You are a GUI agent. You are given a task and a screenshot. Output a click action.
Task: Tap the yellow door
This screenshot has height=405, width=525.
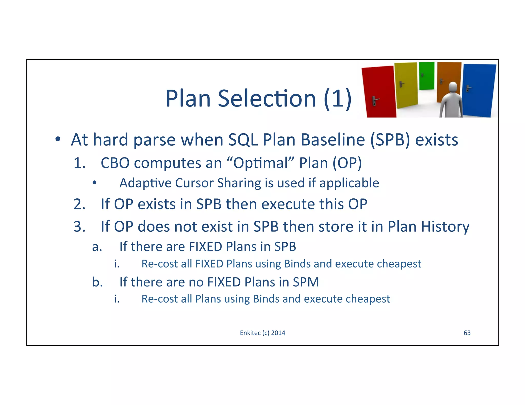pyautogui.click(x=406, y=84)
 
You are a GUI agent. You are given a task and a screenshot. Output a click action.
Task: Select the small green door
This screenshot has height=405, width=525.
pyautogui.click(x=427, y=76)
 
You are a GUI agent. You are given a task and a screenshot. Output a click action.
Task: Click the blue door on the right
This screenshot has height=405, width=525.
pyautogui.click(x=479, y=90)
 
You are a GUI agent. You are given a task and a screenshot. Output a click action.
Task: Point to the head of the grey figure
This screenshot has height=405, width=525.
pyautogui.click(x=453, y=87)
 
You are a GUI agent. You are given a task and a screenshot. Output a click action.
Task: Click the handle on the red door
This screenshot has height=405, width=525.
pyautogui.click(x=375, y=101)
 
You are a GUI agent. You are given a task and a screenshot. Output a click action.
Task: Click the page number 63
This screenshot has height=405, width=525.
pyautogui.click(x=467, y=333)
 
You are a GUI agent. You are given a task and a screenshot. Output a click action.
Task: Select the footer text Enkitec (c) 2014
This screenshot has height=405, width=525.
pyautogui.click(x=262, y=333)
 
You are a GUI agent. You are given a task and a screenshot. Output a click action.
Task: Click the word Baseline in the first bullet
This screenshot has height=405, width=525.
pyautogui.click(x=332, y=140)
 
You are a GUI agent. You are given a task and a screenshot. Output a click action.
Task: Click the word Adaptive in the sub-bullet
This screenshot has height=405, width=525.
pyautogui.click(x=145, y=183)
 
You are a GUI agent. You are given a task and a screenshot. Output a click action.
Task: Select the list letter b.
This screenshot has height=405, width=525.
pyautogui.click(x=97, y=282)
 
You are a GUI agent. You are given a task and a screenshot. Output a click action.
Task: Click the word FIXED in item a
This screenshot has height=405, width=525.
pyautogui.click(x=205, y=247)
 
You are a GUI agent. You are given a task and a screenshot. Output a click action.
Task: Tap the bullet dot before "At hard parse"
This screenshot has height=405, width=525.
pyautogui.click(x=58, y=140)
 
